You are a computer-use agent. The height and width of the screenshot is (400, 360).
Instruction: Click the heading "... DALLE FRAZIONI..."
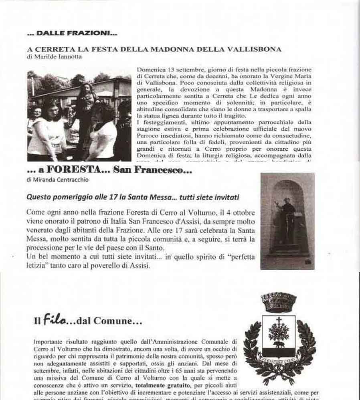click(x=72, y=33)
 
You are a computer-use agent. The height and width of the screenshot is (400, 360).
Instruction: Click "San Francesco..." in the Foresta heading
click(x=153, y=170)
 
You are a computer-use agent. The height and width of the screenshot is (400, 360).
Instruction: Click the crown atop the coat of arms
click(x=278, y=302)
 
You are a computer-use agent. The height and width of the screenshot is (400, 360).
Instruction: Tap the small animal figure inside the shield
click(x=277, y=344)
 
